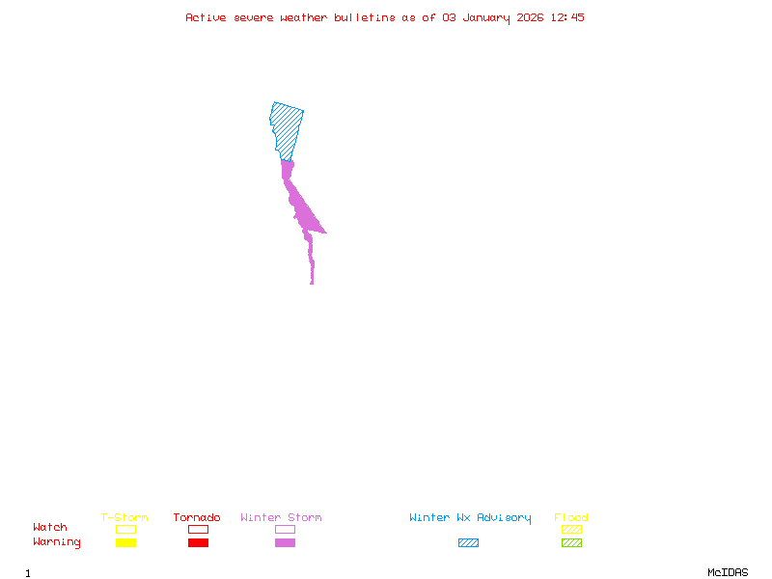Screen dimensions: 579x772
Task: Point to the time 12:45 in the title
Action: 566,17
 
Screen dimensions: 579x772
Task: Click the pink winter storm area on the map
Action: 303,213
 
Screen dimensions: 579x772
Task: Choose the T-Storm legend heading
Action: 124,517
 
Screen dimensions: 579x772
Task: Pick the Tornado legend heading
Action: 197,517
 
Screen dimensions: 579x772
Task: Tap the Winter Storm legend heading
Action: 281,517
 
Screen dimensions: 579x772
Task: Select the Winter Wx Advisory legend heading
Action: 470,517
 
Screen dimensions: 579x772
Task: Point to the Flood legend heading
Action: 571,517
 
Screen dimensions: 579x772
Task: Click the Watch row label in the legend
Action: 50,528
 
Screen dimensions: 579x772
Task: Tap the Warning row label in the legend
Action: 57,542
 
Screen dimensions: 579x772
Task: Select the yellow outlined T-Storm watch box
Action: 125,529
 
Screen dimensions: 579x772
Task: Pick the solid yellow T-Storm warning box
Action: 125,542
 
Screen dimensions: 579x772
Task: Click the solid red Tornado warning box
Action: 198,542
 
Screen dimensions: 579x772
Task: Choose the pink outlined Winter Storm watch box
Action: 285,529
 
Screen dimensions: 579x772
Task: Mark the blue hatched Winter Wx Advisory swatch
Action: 468,542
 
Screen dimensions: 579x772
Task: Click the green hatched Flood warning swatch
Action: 571,542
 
